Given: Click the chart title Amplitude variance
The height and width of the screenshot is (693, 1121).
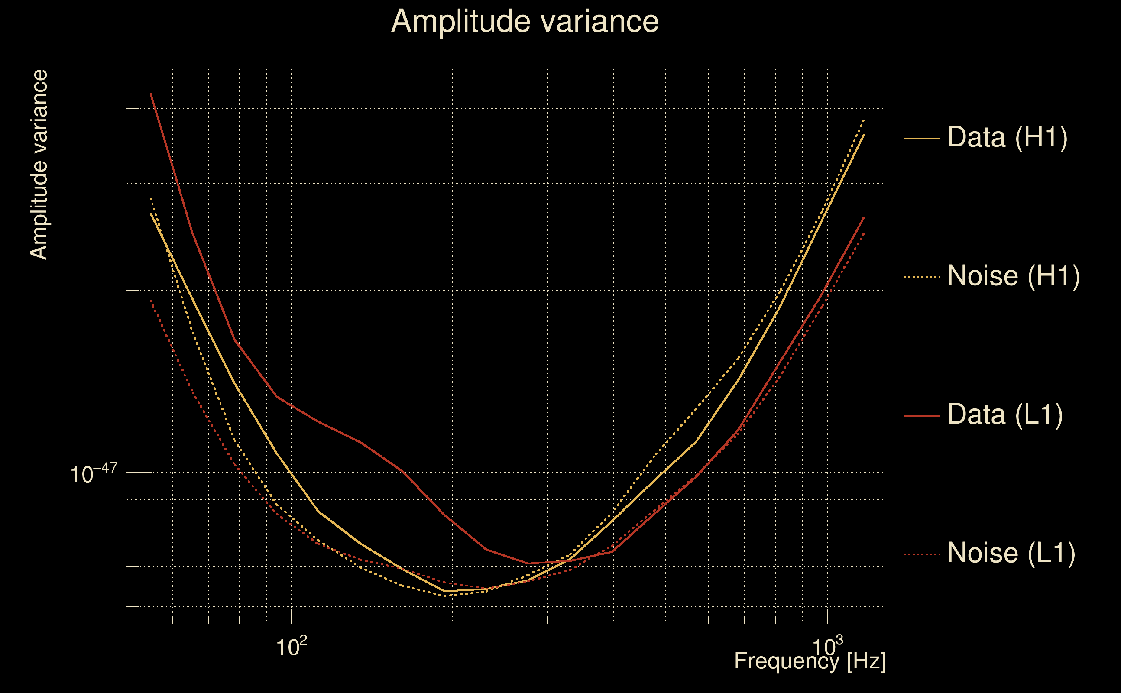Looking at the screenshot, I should pyautogui.click(x=524, y=22).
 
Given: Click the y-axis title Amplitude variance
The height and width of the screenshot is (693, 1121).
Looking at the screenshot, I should pyautogui.click(x=39, y=165).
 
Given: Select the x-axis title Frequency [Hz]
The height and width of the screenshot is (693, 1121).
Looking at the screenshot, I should pyautogui.click(x=810, y=661).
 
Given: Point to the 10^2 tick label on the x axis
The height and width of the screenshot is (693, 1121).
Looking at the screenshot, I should pyautogui.click(x=291, y=646).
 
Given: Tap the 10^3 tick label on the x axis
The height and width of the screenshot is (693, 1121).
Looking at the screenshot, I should pyautogui.click(x=827, y=646).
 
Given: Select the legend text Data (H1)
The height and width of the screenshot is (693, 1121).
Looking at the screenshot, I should pyautogui.click(x=1008, y=137).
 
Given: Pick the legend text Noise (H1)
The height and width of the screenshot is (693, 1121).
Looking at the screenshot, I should pyautogui.click(x=1013, y=276).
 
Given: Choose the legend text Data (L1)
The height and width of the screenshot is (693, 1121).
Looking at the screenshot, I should pyautogui.click(x=1005, y=415).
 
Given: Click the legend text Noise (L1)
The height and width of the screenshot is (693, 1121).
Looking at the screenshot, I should pyautogui.click(x=1011, y=553).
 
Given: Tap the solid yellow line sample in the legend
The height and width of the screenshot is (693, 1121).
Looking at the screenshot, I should pyautogui.click(x=922, y=138).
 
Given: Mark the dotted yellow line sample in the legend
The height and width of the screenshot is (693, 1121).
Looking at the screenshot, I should pyautogui.click(x=922, y=277).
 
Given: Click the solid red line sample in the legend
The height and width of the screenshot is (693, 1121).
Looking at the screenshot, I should pyautogui.click(x=922, y=416).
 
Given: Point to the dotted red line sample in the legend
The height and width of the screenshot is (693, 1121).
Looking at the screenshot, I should pyautogui.click(x=922, y=554).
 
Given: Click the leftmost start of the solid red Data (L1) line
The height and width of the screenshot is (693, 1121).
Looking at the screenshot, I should pyautogui.click(x=151, y=94).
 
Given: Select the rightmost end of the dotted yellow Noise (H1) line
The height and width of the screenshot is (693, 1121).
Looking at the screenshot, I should pyautogui.click(x=864, y=120).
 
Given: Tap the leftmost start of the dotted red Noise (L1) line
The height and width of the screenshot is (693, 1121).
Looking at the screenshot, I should pyautogui.click(x=151, y=300).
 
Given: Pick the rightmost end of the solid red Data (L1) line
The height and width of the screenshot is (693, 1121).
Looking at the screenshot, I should pyautogui.click(x=864, y=218).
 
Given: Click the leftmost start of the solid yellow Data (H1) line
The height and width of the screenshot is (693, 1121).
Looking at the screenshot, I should pyautogui.click(x=151, y=214).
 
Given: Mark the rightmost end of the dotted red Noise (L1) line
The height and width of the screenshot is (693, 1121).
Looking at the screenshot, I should pyautogui.click(x=864, y=233).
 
